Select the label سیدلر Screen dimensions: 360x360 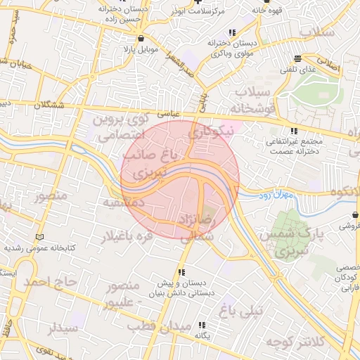coord(61,328)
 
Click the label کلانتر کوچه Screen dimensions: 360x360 coord(293,342)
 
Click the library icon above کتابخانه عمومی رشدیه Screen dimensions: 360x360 coord(40,237)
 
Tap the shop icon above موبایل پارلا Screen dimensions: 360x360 coord(143,38)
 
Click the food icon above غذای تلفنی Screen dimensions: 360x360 coord(299,58)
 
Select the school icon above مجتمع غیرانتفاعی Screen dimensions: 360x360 coord(293,131)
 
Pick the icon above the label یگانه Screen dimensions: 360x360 coord(202,325)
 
